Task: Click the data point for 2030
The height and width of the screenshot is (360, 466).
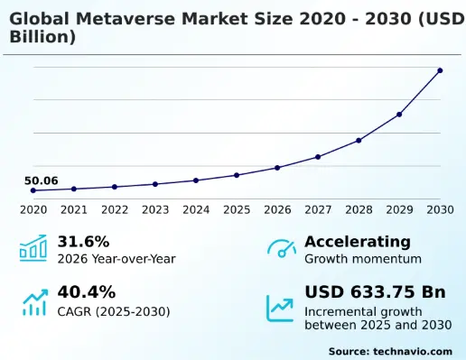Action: click(x=440, y=70)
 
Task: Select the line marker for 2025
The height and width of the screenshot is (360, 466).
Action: click(x=237, y=175)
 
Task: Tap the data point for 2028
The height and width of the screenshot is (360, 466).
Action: click(x=359, y=141)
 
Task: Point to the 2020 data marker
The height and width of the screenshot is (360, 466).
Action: click(x=33, y=190)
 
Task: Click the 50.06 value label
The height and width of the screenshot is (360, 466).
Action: click(x=41, y=181)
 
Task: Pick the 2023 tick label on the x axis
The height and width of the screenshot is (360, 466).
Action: click(x=155, y=210)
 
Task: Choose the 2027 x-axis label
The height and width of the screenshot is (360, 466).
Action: click(x=318, y=210)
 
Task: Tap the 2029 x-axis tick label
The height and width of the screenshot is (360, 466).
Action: click(x=399, y=210)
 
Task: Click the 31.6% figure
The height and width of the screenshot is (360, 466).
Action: click(x=83, y=242)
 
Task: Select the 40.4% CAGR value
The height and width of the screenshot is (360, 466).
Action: click(x=86, y=292)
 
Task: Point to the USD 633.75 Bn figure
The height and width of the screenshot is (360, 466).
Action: click(x=375, y=292)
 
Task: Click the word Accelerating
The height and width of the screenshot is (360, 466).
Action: click(x=357, y=242)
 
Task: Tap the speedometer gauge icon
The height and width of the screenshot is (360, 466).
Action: click(x=282, y=249)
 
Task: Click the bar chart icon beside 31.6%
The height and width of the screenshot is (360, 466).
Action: click(x=33, y=249)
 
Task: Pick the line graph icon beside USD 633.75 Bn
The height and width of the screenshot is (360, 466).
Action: click(x=281, y=308)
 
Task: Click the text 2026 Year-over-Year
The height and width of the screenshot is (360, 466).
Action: click(x=116, y=259)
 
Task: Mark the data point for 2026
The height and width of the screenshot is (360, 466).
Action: click(x=277, y=168)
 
